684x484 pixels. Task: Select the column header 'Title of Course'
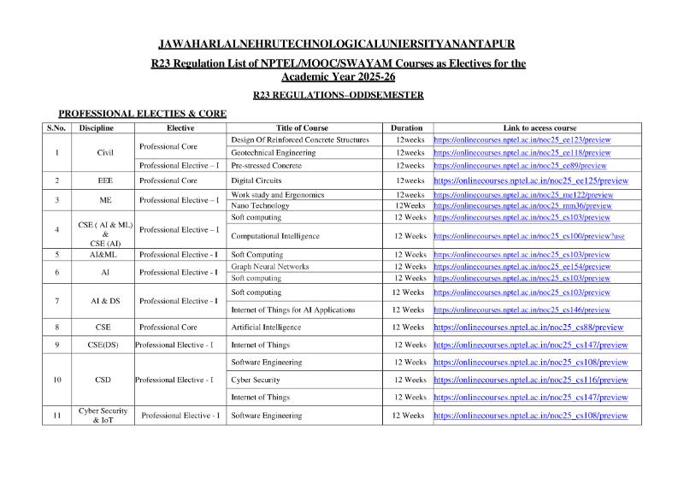pyautogui.click(x=303, y=127)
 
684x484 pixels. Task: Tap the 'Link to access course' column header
pyautogui.click(x=540, y=127)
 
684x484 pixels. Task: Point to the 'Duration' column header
pyautogui.click(x=407, y=127)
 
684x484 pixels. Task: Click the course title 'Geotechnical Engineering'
pyautogui.click(x=274, y=152)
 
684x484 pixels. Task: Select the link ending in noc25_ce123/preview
pyautogui.click(x=522, y=139)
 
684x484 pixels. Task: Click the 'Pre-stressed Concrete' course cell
pyautogui.click(x=267, y=165)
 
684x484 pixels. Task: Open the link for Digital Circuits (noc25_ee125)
pyautogui.click(x=531, y=181)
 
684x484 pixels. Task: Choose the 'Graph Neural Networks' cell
pyautogui.click(x=270, y=267)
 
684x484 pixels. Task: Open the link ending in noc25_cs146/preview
pyautogui.click(x=522, y=310)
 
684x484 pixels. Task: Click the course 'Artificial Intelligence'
pyautogui.click(x=266, y=328)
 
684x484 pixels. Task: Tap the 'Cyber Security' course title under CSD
pyautogui.click(x=256, y=380)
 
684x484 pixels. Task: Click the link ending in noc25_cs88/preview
pyautogui.click(x=528, y=328)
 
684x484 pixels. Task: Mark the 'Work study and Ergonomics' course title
pyautogui.click(x=278, y=195)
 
